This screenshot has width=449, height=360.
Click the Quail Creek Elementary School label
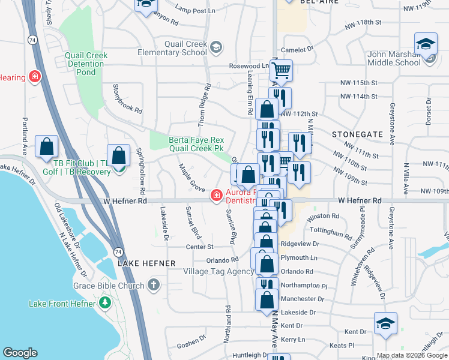pos(185,48)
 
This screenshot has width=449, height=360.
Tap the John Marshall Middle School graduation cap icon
pos(426,44)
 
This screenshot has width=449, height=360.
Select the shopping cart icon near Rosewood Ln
pos(281,71)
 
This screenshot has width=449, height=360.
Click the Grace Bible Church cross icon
pos(154,286)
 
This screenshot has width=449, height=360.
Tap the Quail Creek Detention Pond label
pos(86,64)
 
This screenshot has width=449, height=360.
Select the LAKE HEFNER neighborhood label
pos(146,263)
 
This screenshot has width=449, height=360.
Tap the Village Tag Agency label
pos(218,271)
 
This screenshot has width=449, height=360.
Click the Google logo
pos(20,352)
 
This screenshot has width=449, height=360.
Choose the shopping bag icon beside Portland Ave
pos(46,147)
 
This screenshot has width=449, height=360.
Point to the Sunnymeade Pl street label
pos(363,222)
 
